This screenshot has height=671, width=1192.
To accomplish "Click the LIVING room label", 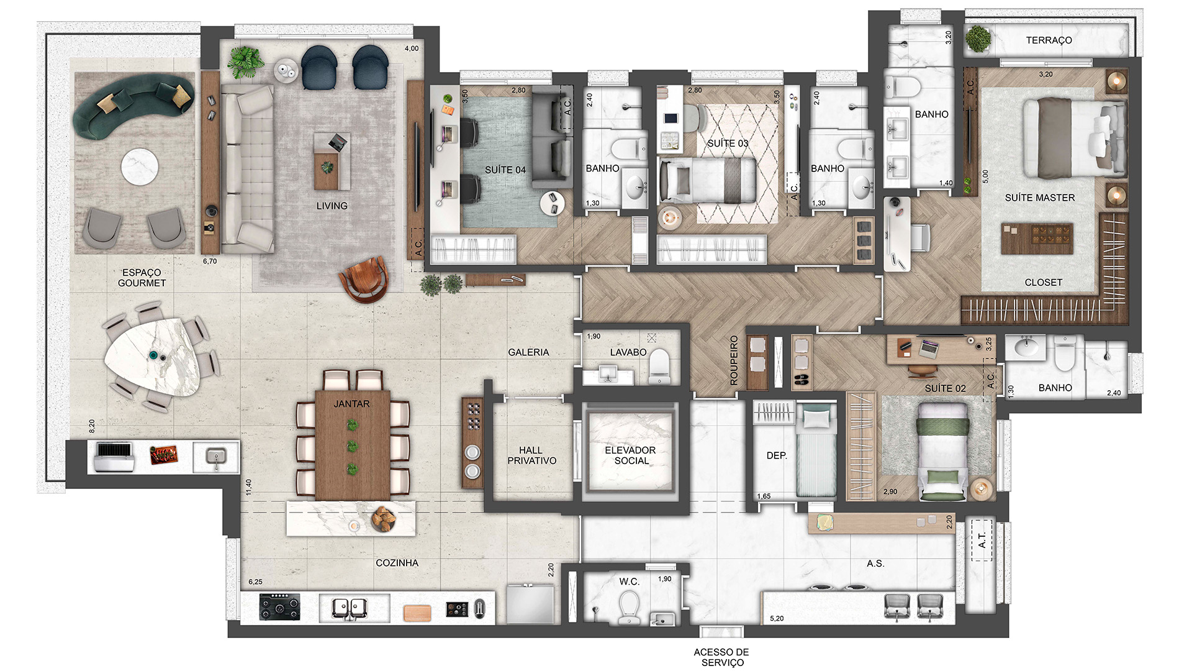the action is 332,206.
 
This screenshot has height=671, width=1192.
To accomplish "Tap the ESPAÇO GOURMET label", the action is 142,278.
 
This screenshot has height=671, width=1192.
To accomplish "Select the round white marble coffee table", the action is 140,167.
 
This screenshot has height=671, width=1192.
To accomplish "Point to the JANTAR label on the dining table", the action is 351,404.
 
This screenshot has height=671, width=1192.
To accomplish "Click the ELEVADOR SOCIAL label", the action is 630,455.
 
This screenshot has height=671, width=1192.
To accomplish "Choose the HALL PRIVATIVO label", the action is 531,455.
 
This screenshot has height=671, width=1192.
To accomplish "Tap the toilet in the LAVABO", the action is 659,367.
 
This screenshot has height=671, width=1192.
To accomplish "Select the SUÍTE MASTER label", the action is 1039,198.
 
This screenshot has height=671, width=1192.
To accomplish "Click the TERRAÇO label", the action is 1049,40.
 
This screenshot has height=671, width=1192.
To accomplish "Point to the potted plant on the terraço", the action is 978,39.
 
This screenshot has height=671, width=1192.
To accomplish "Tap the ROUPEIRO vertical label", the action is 734,360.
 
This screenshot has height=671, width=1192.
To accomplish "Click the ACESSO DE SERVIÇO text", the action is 721,657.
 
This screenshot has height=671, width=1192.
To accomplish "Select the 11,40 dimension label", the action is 249,487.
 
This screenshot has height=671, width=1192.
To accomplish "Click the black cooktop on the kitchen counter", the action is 279,607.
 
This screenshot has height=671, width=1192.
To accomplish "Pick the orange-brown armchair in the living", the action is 365,279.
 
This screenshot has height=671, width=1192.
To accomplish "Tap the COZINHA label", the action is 397,563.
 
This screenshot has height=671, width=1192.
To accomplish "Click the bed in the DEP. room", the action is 816,450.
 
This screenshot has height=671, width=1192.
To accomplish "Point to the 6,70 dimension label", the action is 210,262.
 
